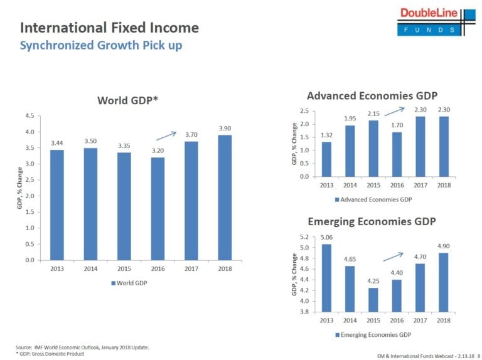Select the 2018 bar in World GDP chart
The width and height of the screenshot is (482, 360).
point(225,197)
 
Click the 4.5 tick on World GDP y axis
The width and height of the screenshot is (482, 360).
point(28,116)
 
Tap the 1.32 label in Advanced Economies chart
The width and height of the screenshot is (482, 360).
point(326,135)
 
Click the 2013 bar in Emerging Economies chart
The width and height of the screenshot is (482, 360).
point(326,277)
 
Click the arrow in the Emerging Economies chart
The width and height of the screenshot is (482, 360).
point(392,256)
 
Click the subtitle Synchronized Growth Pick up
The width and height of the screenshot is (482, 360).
point(100,46)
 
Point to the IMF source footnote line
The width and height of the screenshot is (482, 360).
point(82,347)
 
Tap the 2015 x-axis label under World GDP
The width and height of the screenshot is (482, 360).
point(124,268)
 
